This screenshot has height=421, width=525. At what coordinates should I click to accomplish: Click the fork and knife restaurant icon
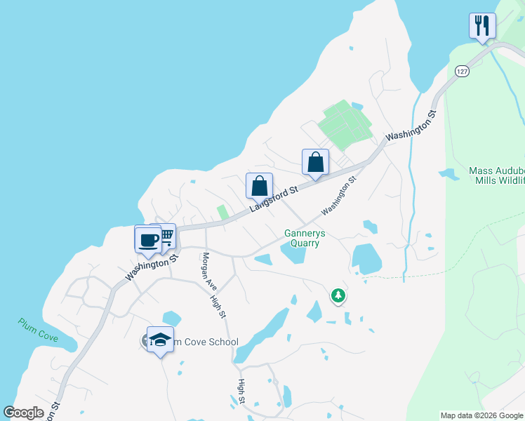pos(482,26)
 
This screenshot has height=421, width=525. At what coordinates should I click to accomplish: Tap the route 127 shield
pos(460,72)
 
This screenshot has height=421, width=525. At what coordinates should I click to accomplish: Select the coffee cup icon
pos(148,239)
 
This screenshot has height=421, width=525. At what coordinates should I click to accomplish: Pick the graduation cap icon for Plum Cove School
pos(161,340)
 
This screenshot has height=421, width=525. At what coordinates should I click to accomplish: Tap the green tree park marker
pos(338,295)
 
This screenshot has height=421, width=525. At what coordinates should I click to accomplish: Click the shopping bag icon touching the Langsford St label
pos(259,187)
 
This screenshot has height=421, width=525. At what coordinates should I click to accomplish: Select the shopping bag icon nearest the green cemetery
pos(316,161)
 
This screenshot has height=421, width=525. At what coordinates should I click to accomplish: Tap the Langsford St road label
pos(273,198)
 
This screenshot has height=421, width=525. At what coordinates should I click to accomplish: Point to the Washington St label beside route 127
pos(411,125)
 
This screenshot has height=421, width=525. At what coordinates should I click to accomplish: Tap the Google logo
pos(23,413)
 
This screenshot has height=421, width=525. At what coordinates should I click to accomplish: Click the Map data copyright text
pos(481,415)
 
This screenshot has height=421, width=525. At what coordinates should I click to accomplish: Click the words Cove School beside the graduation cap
pos(210,342)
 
